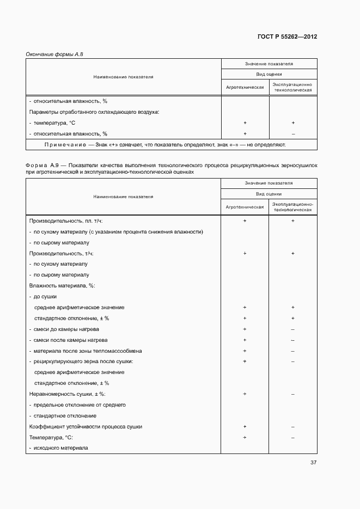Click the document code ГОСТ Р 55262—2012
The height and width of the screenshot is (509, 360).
[286, 36]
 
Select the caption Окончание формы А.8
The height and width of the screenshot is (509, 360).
[53, 54]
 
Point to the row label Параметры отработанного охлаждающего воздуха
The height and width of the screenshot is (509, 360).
[94, 112]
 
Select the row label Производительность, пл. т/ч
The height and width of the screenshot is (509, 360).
[65, 221]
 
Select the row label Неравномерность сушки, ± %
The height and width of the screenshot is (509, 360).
[67, 394]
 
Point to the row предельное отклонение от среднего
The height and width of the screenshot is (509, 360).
[80, 404]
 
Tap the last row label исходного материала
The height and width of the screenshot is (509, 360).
[61, 448]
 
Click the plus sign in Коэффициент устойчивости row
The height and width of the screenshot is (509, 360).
[245, 426]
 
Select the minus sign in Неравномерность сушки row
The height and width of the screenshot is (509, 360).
[293, 394]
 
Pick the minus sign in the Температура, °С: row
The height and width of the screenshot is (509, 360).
[293, 437]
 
